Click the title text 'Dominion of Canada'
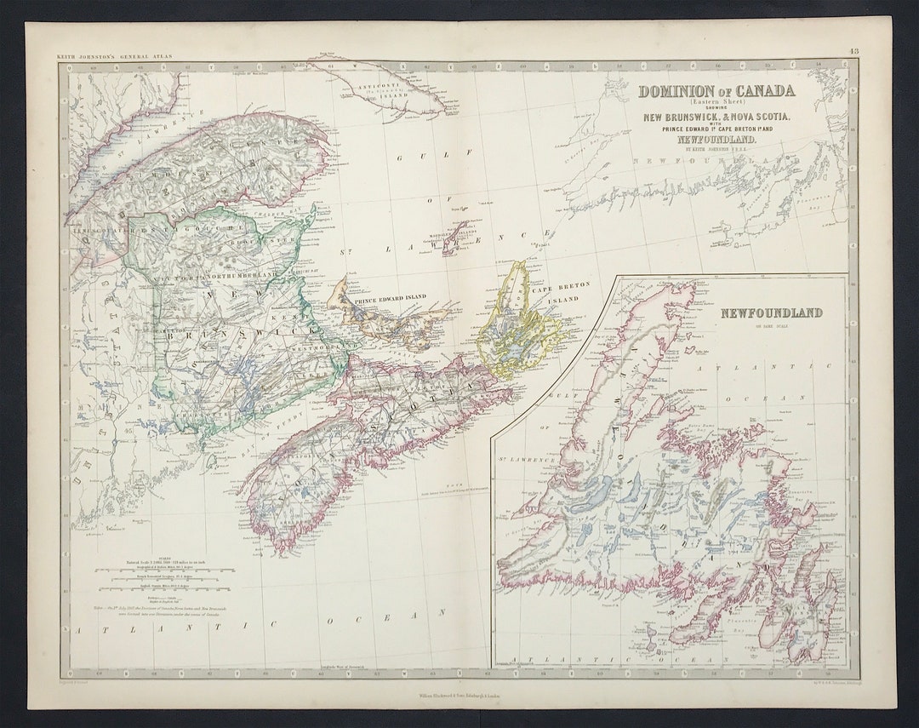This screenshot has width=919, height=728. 716,91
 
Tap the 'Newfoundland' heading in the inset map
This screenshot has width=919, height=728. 771,312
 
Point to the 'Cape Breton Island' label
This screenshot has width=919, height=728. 555,295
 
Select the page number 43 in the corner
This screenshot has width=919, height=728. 853,52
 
